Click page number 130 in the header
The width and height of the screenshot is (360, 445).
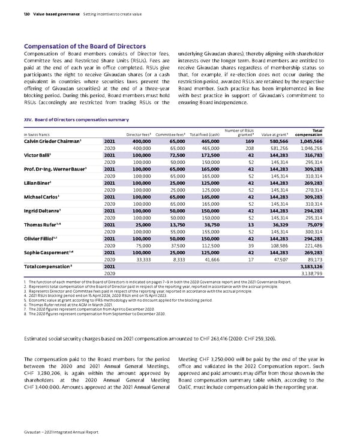[x=28, y=7]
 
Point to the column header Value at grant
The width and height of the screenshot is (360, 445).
[x=278, y=134]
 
